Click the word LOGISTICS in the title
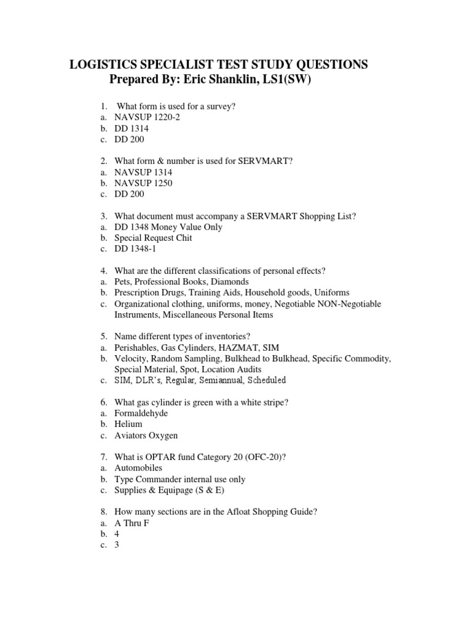click(100, 64)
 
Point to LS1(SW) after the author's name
click(286, 79)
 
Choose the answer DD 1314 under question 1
click(131, 129)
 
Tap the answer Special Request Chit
click(153, 238)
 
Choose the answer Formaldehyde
click(141, 413)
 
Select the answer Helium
click(128, 424)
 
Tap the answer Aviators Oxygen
click(146, 436)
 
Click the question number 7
click(104, 457)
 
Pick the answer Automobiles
click(138, 468)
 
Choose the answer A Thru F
click(132, 523)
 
